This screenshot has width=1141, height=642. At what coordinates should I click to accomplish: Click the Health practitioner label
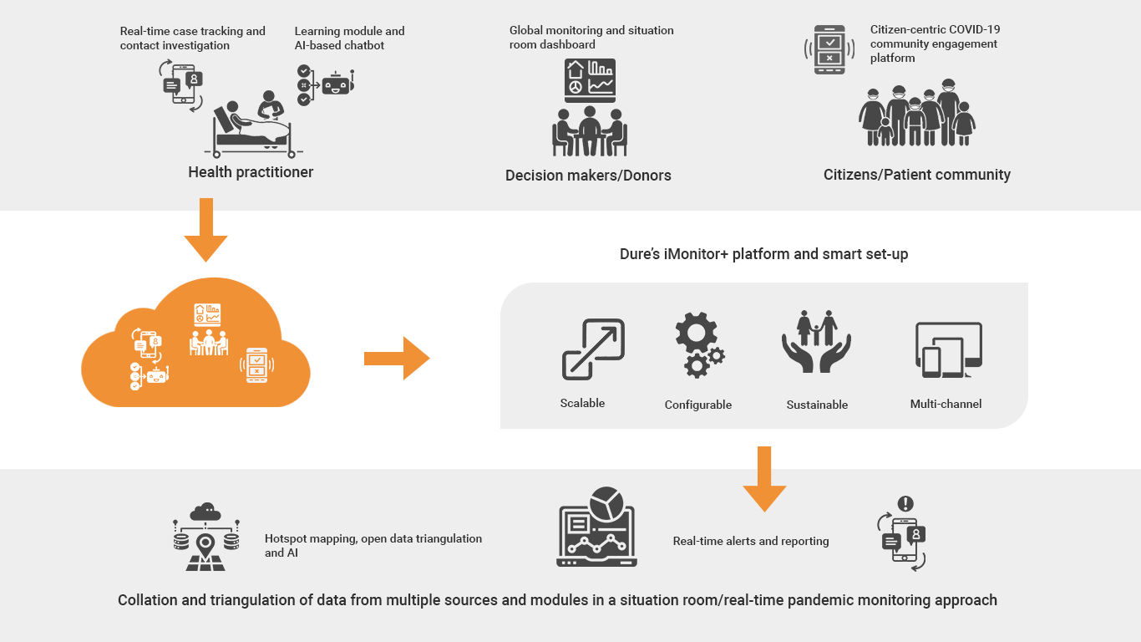[251, 172]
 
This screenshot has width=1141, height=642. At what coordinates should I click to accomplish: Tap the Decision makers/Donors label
[588, 176]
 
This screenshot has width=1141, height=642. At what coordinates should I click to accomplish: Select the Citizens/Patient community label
[916, 175]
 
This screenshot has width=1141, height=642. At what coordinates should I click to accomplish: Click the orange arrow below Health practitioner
[205, 231]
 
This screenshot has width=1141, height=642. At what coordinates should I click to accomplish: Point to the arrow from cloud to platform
[397, 359]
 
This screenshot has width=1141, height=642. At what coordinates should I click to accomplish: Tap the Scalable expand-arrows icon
[593, 349]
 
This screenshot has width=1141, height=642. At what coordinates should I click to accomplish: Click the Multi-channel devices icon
[948, 350]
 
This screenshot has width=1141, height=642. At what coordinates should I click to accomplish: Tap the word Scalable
[582, 403]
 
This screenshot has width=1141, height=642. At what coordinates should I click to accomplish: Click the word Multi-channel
[946, 404]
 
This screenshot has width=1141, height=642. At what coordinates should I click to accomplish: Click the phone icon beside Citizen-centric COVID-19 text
[829, 49]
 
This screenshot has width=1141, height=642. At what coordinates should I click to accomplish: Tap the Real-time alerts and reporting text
[751, 541]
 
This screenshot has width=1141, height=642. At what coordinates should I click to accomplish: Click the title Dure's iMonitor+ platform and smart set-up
[763, 254]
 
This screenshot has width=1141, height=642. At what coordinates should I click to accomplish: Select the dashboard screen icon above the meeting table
[590, 80]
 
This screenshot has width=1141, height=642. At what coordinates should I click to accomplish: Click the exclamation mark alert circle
[905, 504]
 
